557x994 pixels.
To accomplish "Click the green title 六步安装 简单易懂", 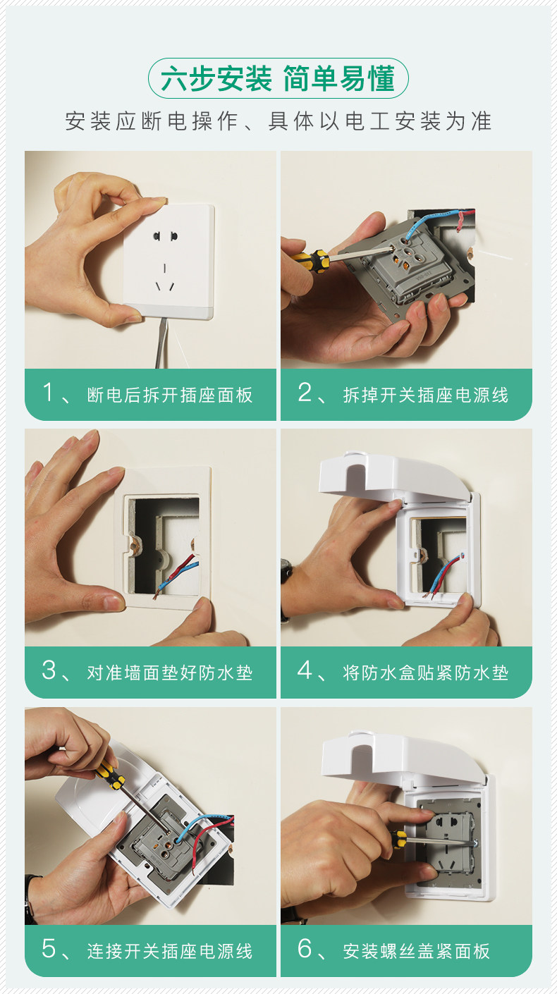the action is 278,78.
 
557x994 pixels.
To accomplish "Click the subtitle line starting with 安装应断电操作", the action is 278,121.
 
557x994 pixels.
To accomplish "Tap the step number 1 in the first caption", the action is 48,392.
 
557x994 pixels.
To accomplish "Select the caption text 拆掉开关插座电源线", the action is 425,395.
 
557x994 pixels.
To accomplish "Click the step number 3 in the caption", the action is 49,670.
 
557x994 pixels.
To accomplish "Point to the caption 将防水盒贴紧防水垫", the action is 425,673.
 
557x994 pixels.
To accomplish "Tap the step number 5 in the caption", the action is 49,948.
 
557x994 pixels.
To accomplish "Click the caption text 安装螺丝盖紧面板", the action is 416,951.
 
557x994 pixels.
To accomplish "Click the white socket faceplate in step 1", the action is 169,261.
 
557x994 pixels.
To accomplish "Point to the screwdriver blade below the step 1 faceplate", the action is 161,343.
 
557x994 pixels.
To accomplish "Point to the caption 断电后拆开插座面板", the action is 169,395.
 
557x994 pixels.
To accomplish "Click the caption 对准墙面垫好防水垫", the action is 169,673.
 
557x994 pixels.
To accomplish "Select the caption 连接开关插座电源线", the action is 169,951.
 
